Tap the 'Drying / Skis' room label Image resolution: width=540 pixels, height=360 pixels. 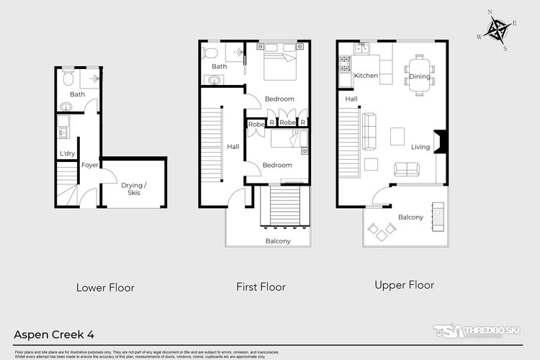click(x=134, y=189)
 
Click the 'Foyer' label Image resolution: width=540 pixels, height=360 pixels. click(x=89, y=165)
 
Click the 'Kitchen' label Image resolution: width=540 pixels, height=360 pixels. click(x=366, y=76)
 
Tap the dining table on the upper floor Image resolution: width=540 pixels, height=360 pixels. click(x=420, y=76)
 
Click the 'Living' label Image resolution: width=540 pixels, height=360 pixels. click(x=420, y=147)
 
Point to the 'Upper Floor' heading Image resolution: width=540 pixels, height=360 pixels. click(x=404, y=285)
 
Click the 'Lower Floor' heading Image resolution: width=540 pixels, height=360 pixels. click(x=105, y=287)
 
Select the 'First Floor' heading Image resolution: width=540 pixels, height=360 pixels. click(x=261, y=287)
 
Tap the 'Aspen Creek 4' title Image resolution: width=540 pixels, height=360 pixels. click(x=54, y=334)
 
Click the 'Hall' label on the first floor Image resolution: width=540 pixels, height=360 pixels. click(x=233, y=146)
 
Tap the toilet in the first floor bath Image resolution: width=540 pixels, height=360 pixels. click(x=210, y=53)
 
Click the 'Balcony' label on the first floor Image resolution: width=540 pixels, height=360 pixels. click(x=278, y=240)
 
